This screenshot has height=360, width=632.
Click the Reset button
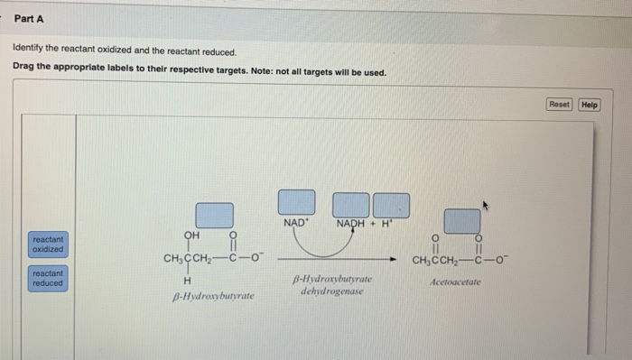pyautogui.click(x=560, y=105)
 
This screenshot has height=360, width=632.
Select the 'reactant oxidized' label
pyautogui.click(x=48, y=244)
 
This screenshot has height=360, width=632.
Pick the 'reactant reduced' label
pyautogui.click(x=48, y=277)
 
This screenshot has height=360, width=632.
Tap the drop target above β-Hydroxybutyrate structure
pyautogui.click(x=215, y=215)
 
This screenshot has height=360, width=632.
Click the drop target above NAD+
pyautogui.click(x=296, y=201)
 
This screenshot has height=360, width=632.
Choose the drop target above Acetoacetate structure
pyautogui.click(x=461, y=221)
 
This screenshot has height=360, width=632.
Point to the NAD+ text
pyautogui.click(x=295, y=223)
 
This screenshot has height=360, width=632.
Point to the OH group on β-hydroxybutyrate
pyautogui.click(x=191, y=235)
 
